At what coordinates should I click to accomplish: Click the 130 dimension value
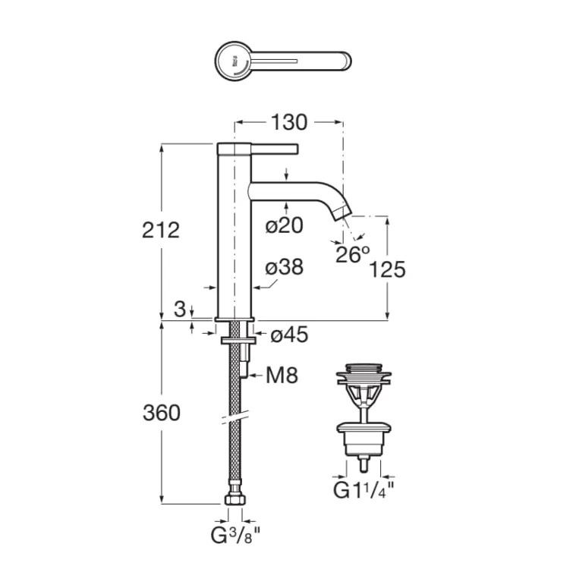tap(288, 122)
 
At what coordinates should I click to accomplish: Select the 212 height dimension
tap(160, 230)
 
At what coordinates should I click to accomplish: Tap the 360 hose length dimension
tap(161, 413)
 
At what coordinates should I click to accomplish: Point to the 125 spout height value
tap(387, 269)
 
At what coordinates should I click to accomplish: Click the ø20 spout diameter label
tap(285, 225)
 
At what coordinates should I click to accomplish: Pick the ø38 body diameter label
tap(285, 267)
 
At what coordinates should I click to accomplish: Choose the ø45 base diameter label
tap(289, 334)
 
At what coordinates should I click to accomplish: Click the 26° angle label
tap(352, 254)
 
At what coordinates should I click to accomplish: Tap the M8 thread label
tap(282, 375)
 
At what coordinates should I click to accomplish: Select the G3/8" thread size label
tap(234, 535)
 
